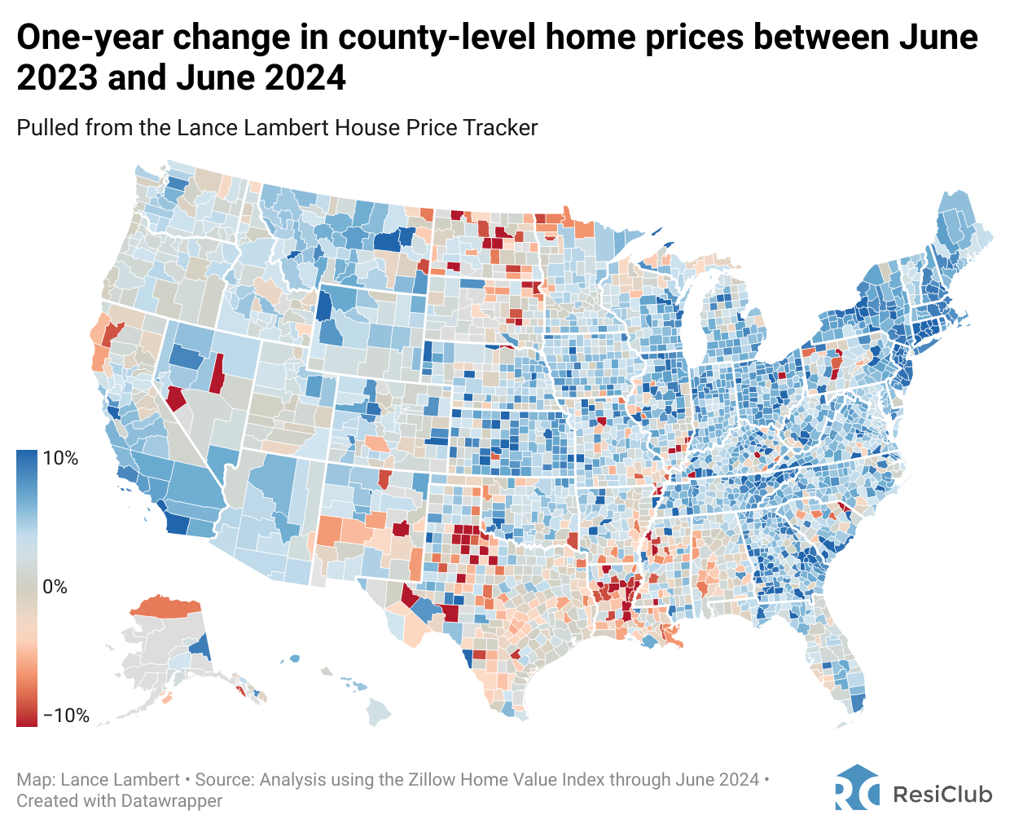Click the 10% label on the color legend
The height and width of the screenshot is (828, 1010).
[x=60, y=459]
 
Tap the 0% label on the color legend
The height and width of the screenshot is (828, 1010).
[x=55, y=587]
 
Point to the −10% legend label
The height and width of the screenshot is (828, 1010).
[x=65, y=716]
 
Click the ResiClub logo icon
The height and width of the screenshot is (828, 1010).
[x=857, y=788]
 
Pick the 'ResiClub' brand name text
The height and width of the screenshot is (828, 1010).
[x=942, y=794]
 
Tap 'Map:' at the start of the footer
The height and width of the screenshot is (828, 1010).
[x=37, y=780]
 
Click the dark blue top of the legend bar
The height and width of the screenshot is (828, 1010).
[x=27, y=456]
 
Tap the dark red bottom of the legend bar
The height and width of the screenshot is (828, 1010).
[x=27, y=719]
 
